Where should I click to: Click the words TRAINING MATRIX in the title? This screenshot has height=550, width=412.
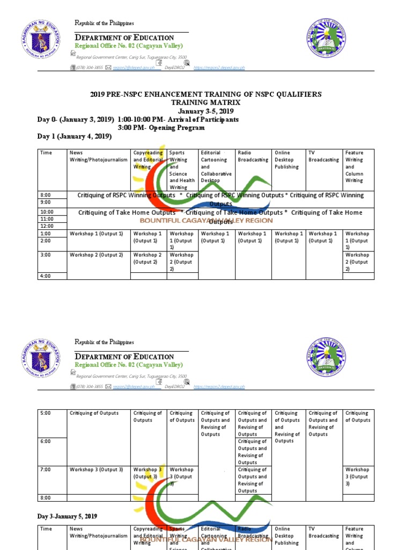206,102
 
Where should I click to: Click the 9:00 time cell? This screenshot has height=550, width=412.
47,202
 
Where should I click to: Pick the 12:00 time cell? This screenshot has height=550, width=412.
47,226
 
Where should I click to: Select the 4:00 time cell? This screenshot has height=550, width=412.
47,276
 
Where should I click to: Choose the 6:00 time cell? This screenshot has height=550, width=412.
47,442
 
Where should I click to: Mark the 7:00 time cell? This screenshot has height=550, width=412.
47,470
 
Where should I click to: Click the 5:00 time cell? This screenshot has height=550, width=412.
47,414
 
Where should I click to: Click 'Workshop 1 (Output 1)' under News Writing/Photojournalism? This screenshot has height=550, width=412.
96,234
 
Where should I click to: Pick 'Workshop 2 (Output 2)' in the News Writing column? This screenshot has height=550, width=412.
96,255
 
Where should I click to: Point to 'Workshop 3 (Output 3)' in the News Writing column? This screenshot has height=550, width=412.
96,470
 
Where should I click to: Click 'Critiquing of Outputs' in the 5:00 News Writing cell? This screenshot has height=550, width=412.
94,414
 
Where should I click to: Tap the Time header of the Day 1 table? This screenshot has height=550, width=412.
46,153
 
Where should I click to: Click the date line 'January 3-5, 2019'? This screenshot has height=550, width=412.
206,111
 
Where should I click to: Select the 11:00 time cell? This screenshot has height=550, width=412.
47,219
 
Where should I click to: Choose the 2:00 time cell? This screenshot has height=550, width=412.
47,241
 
